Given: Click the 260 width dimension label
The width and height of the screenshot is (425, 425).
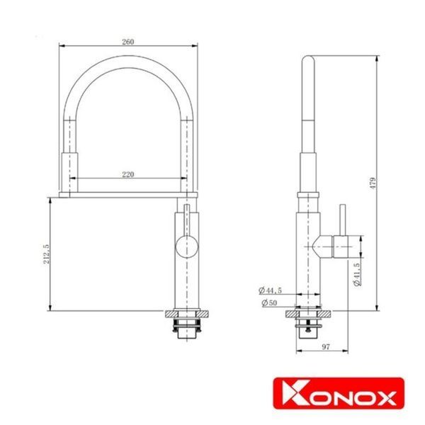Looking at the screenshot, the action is [x=128, y=42].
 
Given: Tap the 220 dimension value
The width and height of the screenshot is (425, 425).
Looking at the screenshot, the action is [x=128, y=174].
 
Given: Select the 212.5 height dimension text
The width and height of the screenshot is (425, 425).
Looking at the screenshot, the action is [x=46, y=254].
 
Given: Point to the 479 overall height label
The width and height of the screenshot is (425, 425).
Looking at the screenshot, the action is [x=373, y=183].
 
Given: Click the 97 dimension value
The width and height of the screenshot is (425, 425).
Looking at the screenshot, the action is [x=326, y=346].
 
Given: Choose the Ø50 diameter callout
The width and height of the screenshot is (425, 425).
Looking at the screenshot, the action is [x=269, y=302].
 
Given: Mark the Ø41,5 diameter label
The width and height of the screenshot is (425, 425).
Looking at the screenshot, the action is [x=357, y=274].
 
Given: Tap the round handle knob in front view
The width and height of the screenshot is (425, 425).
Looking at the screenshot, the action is [x=187, y=246].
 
